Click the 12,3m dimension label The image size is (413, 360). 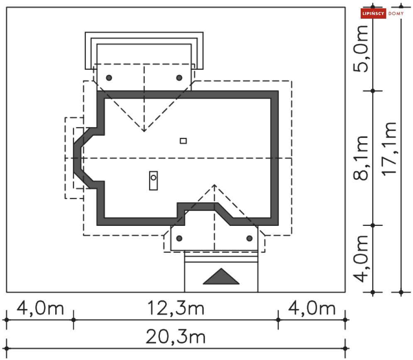click(176, 308)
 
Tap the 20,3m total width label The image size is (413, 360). click(176, 337)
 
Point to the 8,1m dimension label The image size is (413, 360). click(361, 158)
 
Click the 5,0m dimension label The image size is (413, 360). click(361, 49)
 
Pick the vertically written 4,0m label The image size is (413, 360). click(361, 259)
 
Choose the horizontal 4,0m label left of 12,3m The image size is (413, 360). click(40, 308)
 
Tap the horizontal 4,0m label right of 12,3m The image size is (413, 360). click(312, 308)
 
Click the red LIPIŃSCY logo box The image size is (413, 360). click(373, 13)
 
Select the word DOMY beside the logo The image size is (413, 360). click(396, 13)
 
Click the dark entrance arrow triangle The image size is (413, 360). click(221, 277)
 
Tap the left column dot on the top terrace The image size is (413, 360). click(109, 78)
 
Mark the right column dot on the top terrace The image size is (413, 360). click(179, 78)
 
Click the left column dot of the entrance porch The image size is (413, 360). click(179, 238)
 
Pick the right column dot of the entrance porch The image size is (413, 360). click(249, 238)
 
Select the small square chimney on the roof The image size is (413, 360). click(183, 141)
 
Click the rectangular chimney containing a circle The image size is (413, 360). click(153, 181)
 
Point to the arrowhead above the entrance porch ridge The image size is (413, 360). click(215, 186)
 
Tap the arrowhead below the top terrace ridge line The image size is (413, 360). click(144, 130)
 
